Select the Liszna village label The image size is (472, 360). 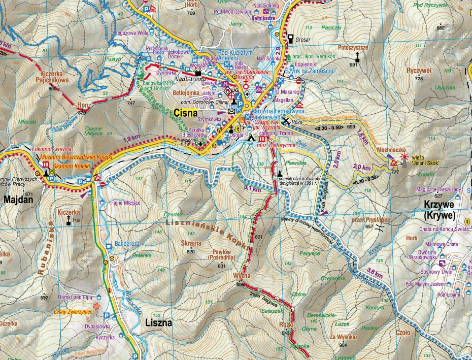[158, 322]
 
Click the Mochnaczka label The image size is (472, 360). [391, 150]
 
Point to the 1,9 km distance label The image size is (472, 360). [131, 138]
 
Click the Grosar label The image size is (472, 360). [304, 38]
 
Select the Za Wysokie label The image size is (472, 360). [344, 337]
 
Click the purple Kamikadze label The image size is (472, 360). [262, 17]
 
